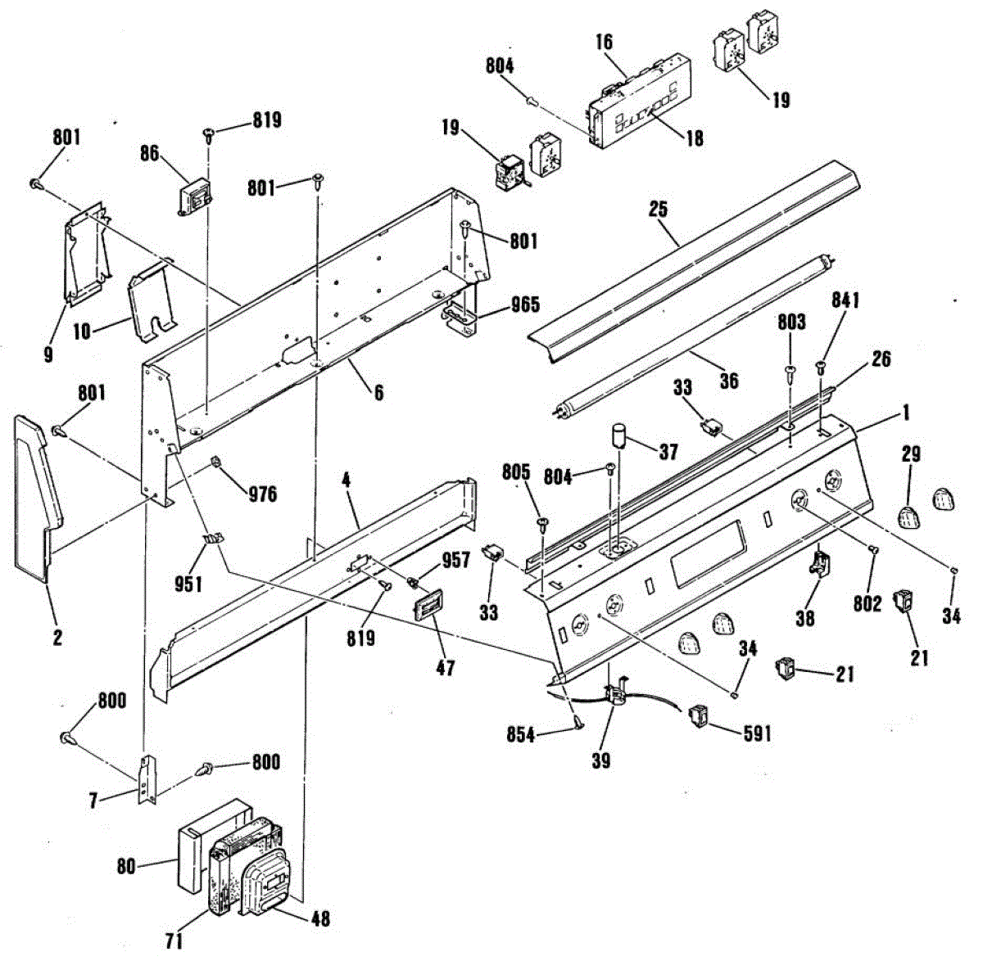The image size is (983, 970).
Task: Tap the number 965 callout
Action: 524,305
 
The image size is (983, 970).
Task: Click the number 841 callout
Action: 845,302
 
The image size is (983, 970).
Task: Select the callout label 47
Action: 444,668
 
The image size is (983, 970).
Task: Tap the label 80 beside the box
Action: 125,864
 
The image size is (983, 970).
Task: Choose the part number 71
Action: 173,941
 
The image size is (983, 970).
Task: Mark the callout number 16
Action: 604,42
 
